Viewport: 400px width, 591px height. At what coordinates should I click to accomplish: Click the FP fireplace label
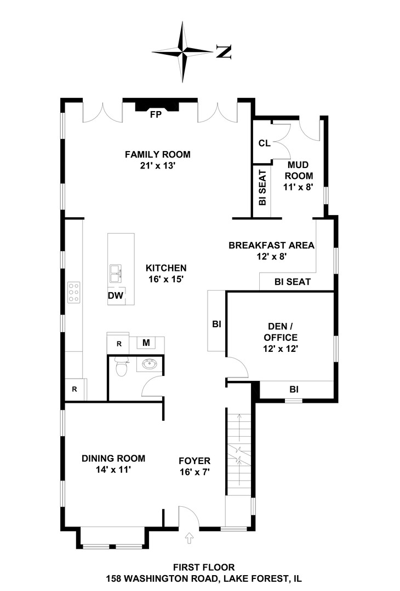pyautogui.click(x=156, y=114)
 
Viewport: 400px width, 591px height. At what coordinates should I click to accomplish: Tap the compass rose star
pyautogui.click(x=182, y=51)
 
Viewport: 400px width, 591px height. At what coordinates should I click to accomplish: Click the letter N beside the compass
pyautogui.click(x=224, y=51)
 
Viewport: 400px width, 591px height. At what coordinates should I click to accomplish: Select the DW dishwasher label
pyautogui.click(x=116, y=296)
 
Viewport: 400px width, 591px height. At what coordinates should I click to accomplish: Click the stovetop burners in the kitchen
pyautogui.click(x=74, y=292)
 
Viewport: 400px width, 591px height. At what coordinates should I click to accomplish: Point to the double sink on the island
pyautogui.click(x=116, y=274)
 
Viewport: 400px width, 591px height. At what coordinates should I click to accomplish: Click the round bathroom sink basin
pyautogui.click(x=150, y=364)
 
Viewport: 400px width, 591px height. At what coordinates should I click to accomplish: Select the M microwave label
pyautogui.click(x=146, y=343)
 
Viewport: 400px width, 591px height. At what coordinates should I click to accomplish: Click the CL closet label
pyautogui.click(x=265, y=143)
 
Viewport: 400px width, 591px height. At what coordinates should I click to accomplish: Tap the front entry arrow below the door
pyautogui.click(x=190, y=538)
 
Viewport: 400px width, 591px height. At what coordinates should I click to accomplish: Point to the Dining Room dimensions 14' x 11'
pyautogui.click(x=113, y=470)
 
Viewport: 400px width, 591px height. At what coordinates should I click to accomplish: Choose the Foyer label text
pyautogui.click(x=195, y=461)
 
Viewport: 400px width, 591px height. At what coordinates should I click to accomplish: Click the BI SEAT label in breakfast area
pyautogui.click(x=293, y=282)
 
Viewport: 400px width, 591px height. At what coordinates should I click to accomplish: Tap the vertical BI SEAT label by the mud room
pyautogui.click(x=262, y=187)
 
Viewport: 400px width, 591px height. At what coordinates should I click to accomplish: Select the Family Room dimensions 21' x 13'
pyautogui.click(x=158, y=165)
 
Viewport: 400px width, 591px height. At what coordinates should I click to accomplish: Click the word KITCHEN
pyautogui.click(x=166, y=268)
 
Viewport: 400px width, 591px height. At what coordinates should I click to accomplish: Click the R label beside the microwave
pyautogui.click(x=119, y=344)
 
